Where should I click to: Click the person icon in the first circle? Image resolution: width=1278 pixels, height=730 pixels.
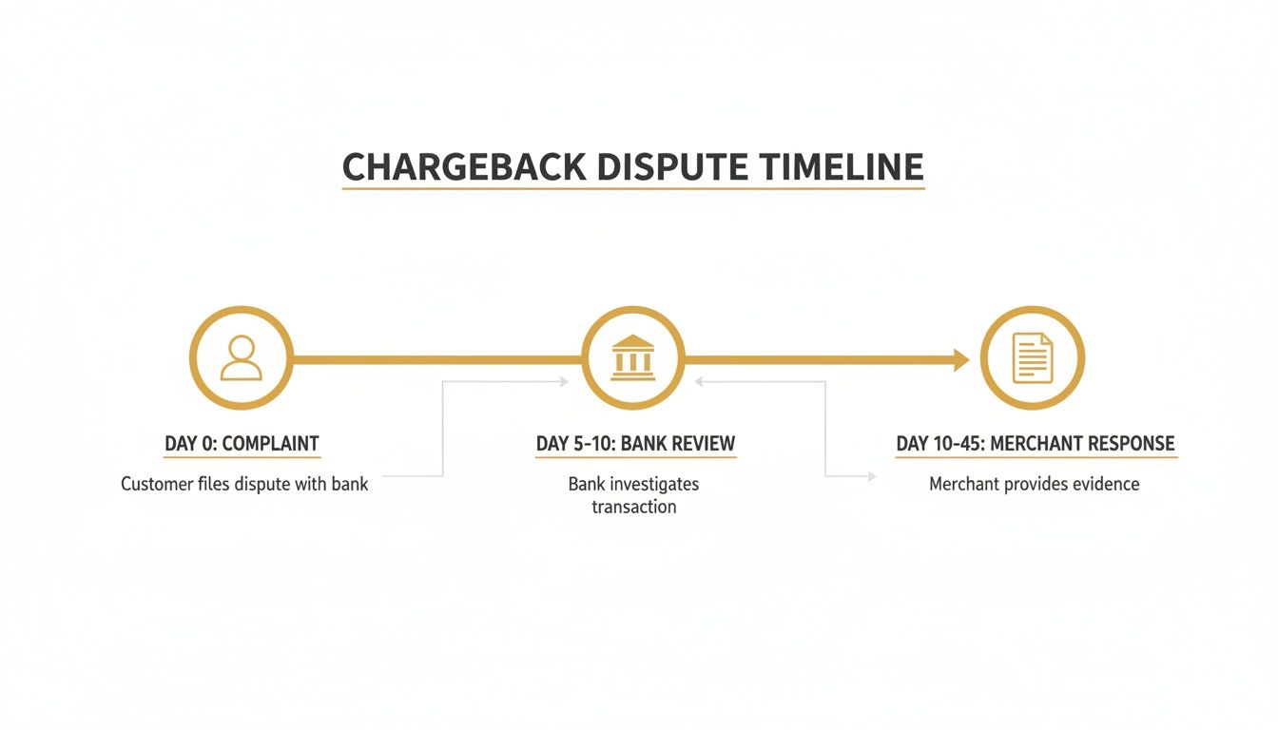241,359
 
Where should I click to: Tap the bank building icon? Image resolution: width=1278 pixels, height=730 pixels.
632,359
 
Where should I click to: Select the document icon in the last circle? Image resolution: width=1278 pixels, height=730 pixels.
1032,358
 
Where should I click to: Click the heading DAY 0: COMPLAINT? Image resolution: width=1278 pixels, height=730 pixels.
242,444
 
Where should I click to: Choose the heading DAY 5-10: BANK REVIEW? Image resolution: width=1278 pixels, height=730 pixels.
635,444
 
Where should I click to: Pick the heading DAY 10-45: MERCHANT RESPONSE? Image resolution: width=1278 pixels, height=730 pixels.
1036,444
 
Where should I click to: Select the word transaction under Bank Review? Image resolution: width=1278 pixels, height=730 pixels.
633,507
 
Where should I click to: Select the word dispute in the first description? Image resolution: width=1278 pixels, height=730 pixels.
261,484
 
